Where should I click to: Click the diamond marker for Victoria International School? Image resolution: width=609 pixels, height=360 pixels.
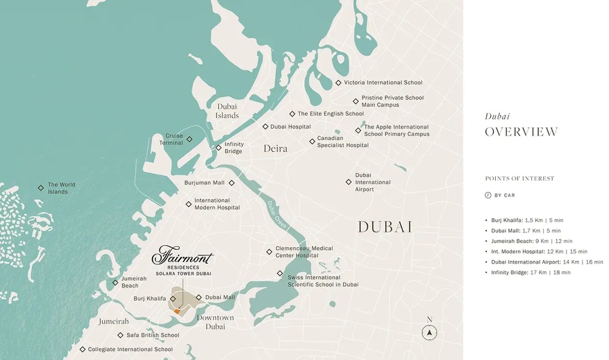pos(339,83)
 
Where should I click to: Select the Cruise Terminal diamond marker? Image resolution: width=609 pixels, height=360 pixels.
pos(189,139)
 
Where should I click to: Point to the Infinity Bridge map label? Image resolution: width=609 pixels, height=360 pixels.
pos(234,148)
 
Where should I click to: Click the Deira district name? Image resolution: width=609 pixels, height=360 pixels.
pos(275,149)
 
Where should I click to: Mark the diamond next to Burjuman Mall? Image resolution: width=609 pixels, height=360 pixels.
pos(231,183)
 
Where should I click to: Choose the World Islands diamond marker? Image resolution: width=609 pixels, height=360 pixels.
pos(41,188)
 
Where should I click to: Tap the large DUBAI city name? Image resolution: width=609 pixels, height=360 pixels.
pos(385,227)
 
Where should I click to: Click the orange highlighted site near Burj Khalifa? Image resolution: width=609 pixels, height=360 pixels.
pos(177,311)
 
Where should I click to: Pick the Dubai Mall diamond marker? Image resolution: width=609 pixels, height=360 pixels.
pos(199,298)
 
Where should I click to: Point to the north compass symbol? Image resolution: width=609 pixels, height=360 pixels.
pos(429,333)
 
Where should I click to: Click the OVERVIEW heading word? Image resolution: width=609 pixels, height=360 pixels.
pos(521,132)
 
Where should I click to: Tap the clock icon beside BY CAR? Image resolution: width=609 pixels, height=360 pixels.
pos(488,195)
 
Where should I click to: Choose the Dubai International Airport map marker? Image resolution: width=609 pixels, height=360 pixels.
pos(349,182)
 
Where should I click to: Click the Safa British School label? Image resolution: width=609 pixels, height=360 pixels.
pos(152,335)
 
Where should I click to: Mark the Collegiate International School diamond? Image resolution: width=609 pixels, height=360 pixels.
pos(82,349)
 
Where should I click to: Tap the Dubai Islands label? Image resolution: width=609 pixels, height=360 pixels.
pos(227,111)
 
